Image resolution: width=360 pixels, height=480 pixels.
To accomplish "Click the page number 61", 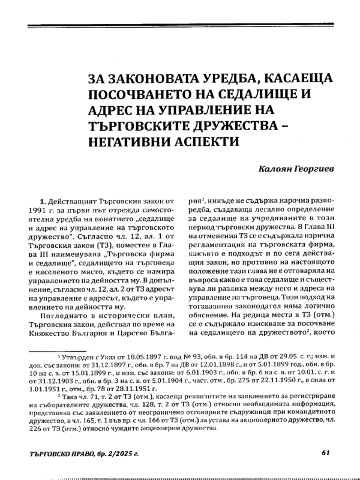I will click(x=325, y=452).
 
